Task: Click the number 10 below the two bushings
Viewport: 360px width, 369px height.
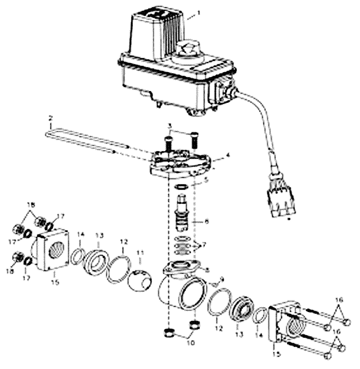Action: pos(181,342)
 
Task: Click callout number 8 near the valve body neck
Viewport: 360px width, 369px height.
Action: pos(208,270)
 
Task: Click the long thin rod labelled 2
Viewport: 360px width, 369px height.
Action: pos(89,141)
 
